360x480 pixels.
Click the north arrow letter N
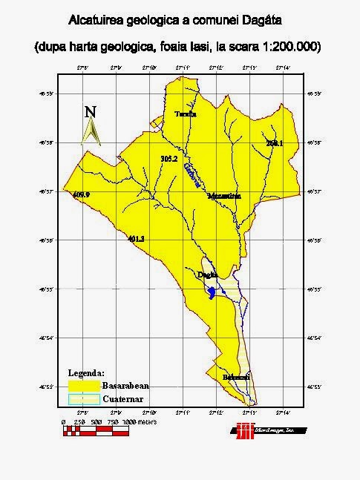(91, 112)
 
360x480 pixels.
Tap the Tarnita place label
(186, 114)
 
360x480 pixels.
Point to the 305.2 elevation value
(169, 159)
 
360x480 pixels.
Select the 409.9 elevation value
(82, 194)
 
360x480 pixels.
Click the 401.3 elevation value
(136, 239)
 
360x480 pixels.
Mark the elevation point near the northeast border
(275, 142)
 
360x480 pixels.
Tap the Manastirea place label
(225, 196)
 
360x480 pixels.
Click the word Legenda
(87, 372)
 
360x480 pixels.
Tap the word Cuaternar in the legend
(125, 399)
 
